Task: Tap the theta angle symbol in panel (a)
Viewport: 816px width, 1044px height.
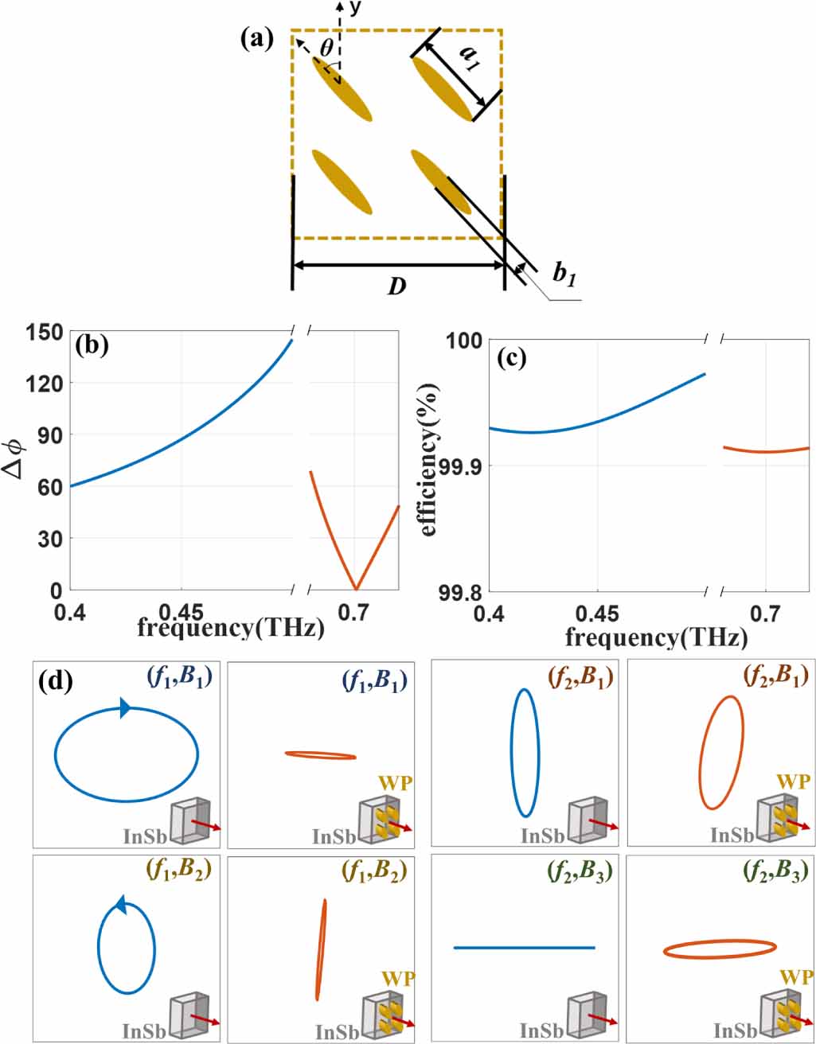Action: click(326, 49)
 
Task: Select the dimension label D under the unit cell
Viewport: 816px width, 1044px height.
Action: click(396, 286)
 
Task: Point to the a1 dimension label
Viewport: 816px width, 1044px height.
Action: click(473, 57)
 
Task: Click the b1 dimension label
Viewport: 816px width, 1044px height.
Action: click(564, 274)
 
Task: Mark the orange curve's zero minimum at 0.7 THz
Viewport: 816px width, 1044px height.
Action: click(356, 589)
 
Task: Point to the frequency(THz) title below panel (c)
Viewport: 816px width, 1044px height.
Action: click(656, 637)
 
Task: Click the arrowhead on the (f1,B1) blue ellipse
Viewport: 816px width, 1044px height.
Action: click(125, 707)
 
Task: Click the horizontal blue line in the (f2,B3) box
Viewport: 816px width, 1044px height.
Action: click(524, 948)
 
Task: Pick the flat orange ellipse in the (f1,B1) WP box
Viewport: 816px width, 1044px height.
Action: click(320, 755)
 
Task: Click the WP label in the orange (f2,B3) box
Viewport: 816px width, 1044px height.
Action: click(795, 976)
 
